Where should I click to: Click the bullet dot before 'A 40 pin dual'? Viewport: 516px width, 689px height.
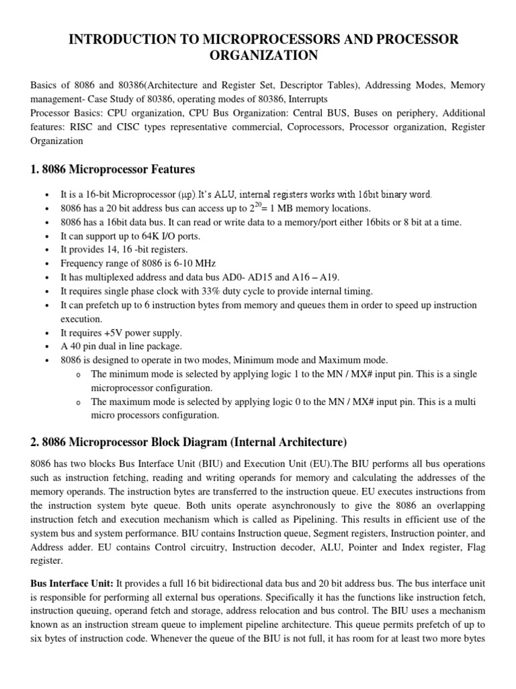click(45, 347)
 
